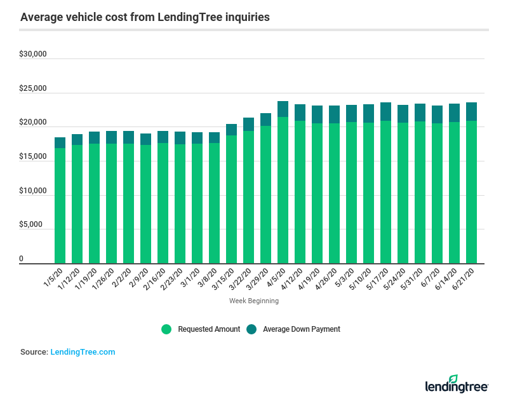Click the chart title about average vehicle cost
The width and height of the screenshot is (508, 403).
coord(145,17)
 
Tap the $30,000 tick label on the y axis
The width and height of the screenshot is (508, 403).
coord(33,55)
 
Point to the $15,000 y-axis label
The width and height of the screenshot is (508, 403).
coord(33,157)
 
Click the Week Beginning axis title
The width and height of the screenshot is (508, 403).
coord(253,301)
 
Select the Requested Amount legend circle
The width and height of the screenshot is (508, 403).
coord(166,329)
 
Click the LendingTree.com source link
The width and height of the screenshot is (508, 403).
coord(83,352)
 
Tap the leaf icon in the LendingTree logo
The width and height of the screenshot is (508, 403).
coord(453,379)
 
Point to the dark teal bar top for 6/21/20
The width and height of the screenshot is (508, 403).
coord(471,111)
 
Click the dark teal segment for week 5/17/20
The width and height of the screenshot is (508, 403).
coord(385,111)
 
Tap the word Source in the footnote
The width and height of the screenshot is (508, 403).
coord(34,352)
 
